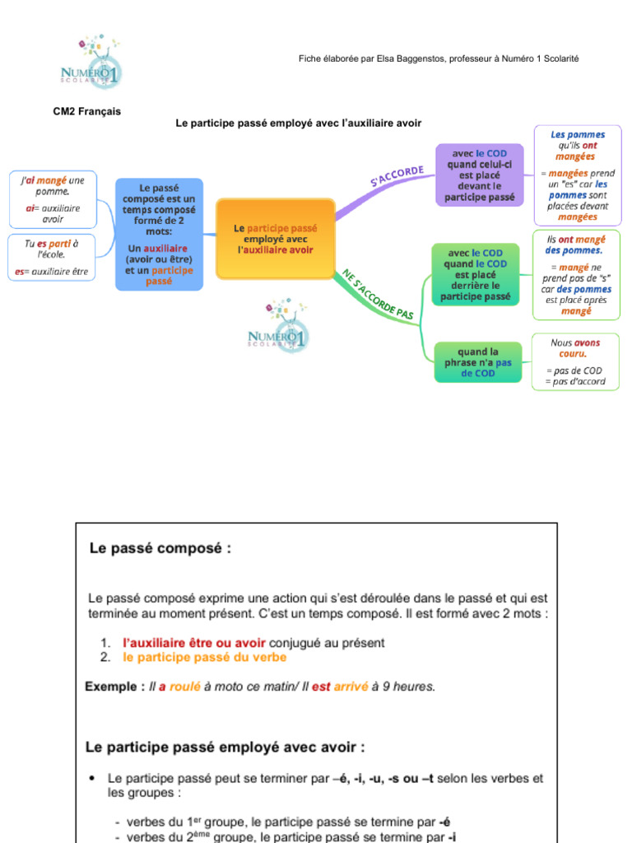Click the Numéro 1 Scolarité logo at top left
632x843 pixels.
point(92,64)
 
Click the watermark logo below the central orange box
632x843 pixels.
point(279,327)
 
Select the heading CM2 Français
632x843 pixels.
point(87,111)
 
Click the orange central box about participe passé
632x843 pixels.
point(275,239)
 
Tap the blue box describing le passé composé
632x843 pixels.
point(159,235)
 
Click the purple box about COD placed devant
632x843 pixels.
point(478,175)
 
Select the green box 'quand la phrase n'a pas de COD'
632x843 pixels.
point(478,362)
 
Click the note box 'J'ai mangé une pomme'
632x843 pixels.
point(53,198)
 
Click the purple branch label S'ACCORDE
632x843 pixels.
point(397,176)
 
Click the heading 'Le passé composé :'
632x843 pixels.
point(160,547)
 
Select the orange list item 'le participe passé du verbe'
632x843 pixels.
point(205,658)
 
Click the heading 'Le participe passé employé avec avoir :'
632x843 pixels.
point(225,747)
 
